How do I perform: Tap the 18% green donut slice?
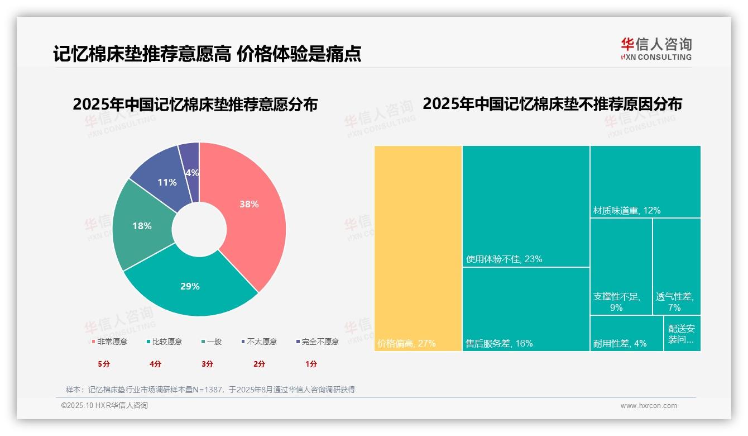tap(142, 226)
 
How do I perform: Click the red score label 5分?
tap(104, 364)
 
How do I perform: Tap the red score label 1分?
tap(311, 364)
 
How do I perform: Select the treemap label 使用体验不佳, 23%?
tap(504, 259)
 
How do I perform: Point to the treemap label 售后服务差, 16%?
tap(499, 343)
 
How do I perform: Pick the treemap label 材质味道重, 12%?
tap(626, 210)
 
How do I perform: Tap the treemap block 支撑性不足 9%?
tap(621, 267)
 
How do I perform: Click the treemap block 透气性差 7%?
tap(676, 267)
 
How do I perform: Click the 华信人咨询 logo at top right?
tap(656, 49)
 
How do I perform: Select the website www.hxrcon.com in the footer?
tap(649, 406)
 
